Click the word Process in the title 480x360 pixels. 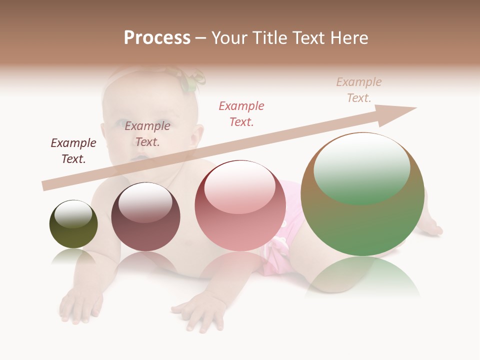pyautogui.click(x=157, y=37)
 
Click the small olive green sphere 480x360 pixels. pyautogui.click(x=73, y=232)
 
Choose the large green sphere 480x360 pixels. pyautogui.click(x=362, y=220)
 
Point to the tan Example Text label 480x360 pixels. pyautogui.click(x=359, y=90)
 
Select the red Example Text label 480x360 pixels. pyautogui.click(x=241, y=113)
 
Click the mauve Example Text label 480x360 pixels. pyautogui.click(x=147, y=133)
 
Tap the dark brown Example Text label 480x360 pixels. pyautogui.click(x=73, y=150)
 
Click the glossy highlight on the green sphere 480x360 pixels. pyautogui.click(x=362, y=167)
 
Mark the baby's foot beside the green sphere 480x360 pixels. pyautogui.click(x=432, y=227)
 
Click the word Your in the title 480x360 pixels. pyautogui.click(x=230, y=37)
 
